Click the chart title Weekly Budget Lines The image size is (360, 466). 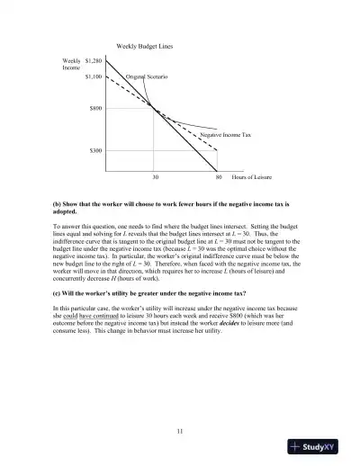pyautogui.click(x=145, y=45)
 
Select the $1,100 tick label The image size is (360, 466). pyautogui.click(x=93, y=76)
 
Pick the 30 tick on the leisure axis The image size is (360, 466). pyautogui.click(x=154, y=178)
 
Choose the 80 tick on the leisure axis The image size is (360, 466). pyautogui.click(x=218, y=178)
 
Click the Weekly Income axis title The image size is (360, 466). pyautogui.click(x=70, y=65)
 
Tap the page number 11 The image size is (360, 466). pyautogui.click(x=180, y=433)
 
